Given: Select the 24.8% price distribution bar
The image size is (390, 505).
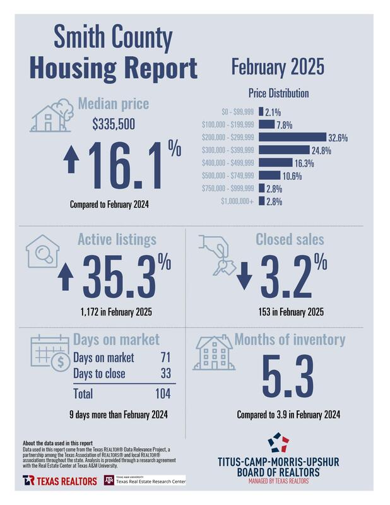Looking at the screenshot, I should point(284,150).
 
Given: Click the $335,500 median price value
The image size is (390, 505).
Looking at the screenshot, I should point(114,125).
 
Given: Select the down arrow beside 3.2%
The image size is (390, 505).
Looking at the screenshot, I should point(245,278).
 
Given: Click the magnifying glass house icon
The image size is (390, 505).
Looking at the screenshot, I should point(42,252).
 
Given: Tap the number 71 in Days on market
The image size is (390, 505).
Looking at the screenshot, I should point(166,358).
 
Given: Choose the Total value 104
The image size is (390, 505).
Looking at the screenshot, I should point(163,394).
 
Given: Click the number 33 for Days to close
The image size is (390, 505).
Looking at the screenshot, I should point(166,374).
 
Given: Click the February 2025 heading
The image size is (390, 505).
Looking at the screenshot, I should point(277,66).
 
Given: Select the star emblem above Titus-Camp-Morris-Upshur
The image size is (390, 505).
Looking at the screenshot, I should point(278,443).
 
